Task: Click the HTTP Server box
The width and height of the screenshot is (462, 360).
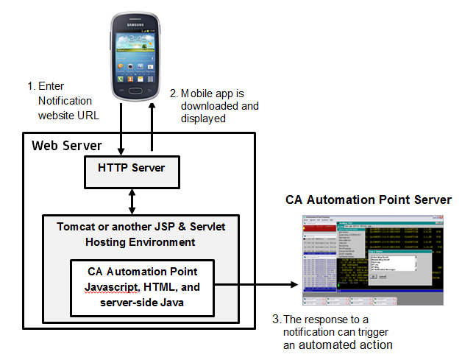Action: click(x=131, y=169)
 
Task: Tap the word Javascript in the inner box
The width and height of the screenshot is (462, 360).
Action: click(x=109, y=286)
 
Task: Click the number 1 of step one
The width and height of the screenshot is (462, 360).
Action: click(x=29, y=86)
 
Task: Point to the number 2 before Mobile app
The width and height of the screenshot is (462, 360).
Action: click(x=173, y=93)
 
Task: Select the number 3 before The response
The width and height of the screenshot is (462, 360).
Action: click(x=276, y=319)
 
